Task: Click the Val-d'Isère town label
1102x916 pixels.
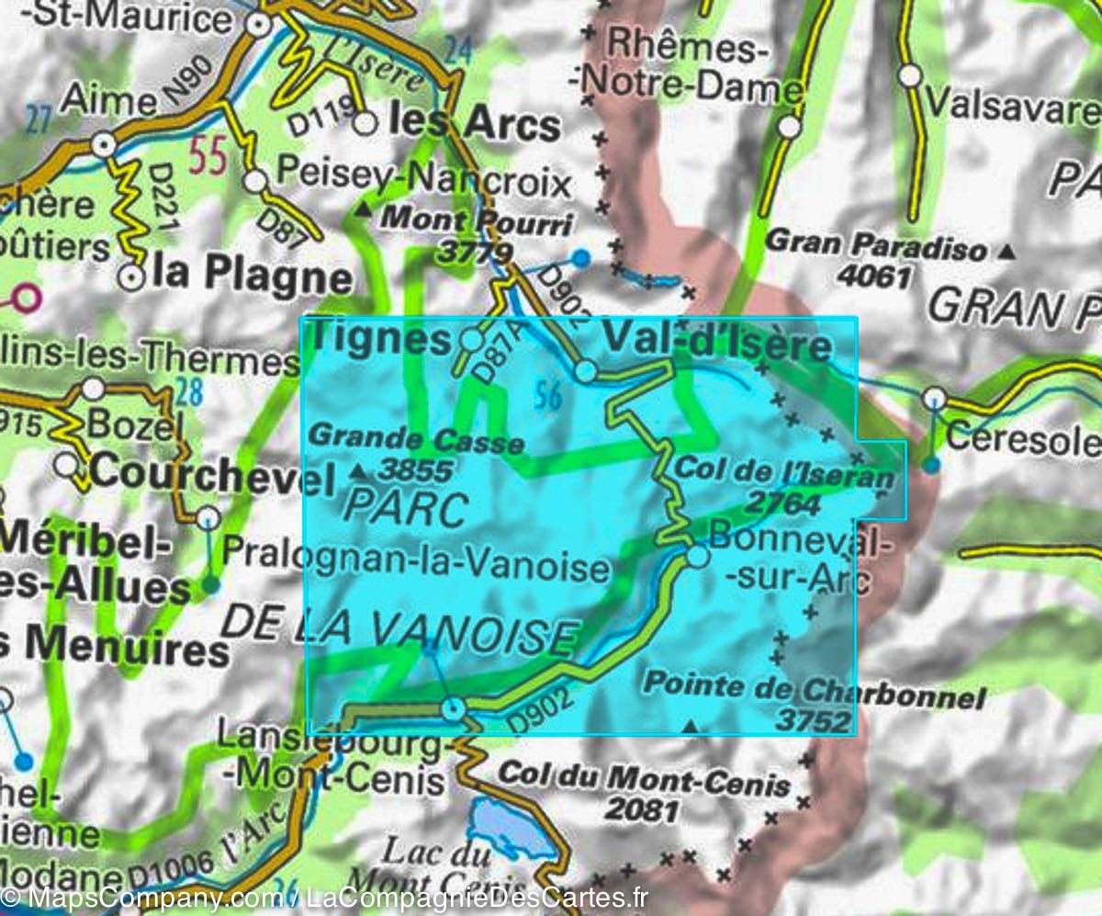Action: click(x=716, y=345)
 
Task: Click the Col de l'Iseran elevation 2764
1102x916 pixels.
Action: click(x=782, y=503)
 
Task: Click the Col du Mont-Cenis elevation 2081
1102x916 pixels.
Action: click(x=643, y=810)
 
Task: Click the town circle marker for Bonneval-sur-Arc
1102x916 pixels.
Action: click(x=698, y=556)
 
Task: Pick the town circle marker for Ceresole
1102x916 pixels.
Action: click(x=935, y=398)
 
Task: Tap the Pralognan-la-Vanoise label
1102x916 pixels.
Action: click(x=416, y=567)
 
